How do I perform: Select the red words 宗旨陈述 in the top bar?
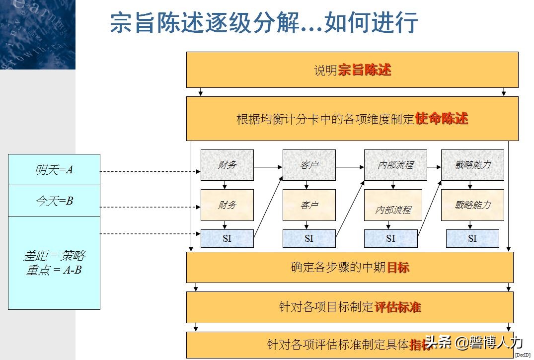click(365, 70)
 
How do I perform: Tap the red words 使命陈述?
click(441, 119)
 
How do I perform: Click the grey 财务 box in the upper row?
click(227, 165)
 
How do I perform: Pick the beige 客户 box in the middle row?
click(309, 205)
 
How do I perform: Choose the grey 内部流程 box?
click(395, 165)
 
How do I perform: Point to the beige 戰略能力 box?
click(472, 205)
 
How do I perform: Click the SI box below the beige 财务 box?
click(227, 238)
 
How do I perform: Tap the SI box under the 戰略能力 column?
click(472, 238)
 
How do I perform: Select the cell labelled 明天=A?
click(54, 170)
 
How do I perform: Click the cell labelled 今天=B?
click(54, 201)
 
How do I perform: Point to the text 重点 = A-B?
click(54, 271)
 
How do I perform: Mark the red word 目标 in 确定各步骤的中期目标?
click(398, 267)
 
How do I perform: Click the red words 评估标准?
click(397, 307)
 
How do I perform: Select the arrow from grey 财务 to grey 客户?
click(268, 167)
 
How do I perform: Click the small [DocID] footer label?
click(522, 355)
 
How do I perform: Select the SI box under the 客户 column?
click(309, 238)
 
